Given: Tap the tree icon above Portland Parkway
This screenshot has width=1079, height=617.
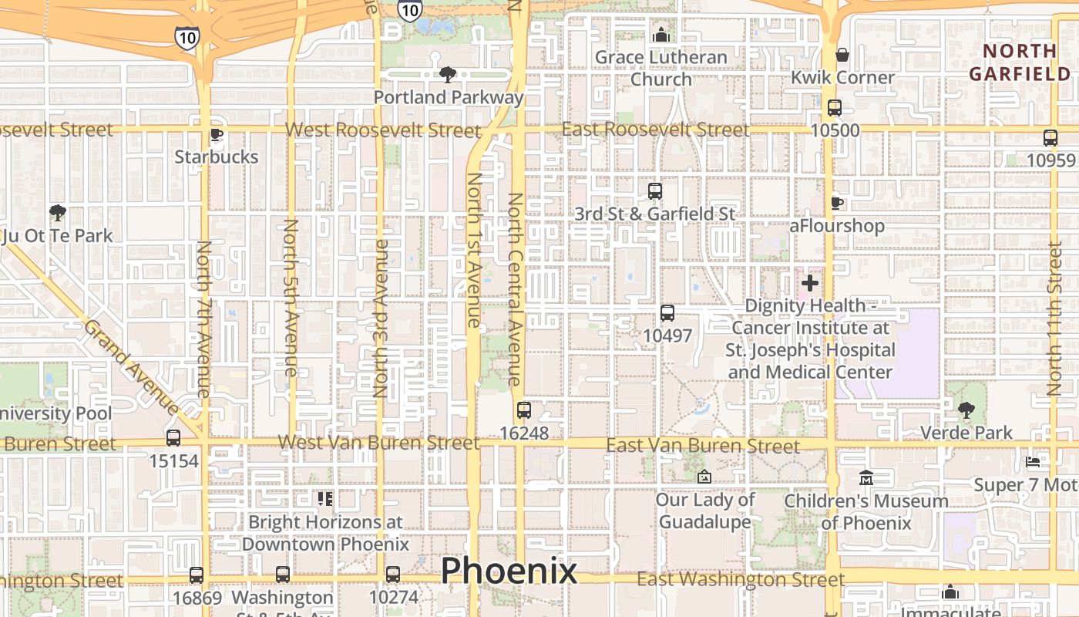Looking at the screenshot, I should coord(447,75).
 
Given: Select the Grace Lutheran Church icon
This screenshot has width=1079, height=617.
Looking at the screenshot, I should coord(661,35).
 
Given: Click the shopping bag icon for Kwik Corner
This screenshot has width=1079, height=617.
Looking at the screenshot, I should coord(842,56).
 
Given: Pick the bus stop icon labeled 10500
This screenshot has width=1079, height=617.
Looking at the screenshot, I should coord(835,108).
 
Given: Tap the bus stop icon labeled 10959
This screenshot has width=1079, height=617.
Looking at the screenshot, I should coord(1050,138).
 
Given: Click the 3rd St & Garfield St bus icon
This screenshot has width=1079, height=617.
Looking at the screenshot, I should coord(654,191).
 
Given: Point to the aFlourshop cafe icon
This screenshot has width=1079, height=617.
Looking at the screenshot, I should coord(837,204).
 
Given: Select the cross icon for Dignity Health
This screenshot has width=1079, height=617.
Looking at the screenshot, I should coord(809,283).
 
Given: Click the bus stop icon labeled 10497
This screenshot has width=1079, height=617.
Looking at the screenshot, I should coord(667,313).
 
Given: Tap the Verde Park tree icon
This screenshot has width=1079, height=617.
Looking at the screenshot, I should coord(966,410).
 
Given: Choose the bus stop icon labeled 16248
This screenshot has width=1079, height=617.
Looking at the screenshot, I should coord(524,410).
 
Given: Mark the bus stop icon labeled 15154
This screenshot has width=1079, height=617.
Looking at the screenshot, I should coord(173,438).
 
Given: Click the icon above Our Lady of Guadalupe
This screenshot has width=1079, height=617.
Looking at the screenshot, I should coord(703,477).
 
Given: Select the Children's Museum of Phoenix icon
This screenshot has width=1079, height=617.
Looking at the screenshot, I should coord(866,479).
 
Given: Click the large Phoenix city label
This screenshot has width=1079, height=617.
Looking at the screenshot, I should coord(509,571).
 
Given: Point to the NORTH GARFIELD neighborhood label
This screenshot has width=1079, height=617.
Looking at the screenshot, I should coord(1020,62).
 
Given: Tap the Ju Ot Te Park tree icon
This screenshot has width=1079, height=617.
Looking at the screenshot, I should coord(56,212).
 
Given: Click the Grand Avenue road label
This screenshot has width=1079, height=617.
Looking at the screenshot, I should coord(131,368).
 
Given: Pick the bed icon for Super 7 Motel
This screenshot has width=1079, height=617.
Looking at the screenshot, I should coord(1033,462).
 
